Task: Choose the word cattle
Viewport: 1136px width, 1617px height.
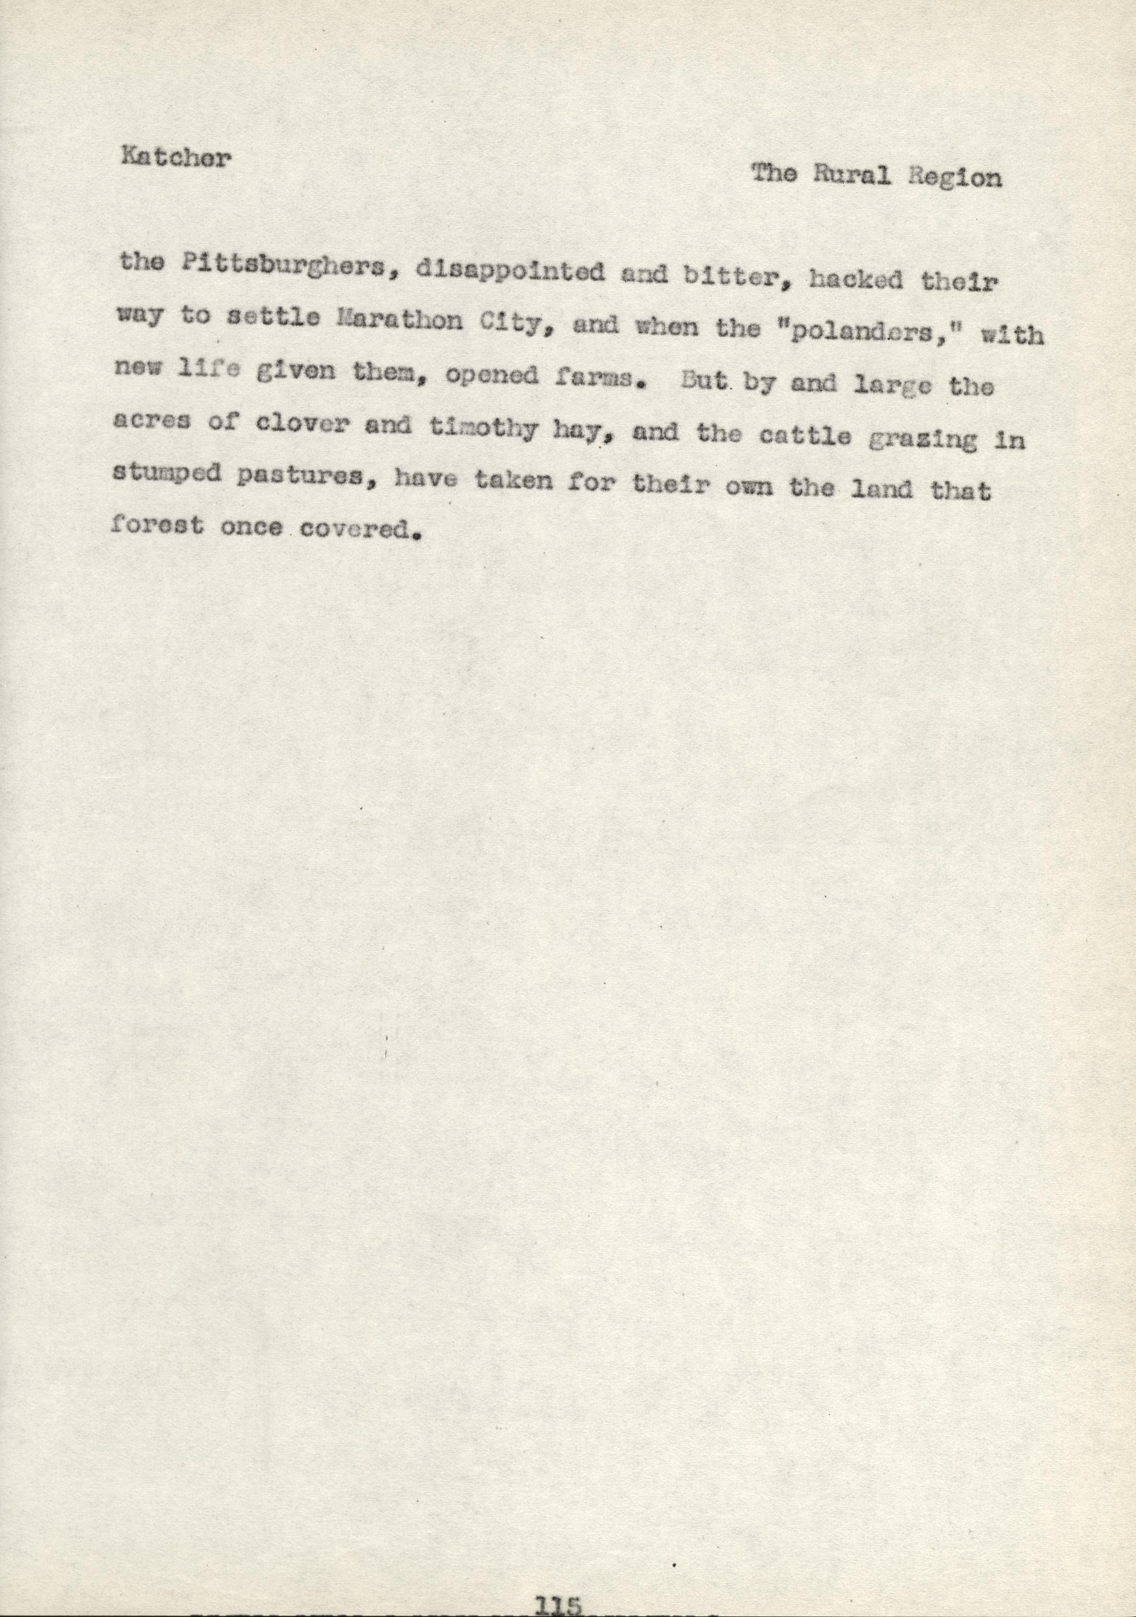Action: click(805, 437)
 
